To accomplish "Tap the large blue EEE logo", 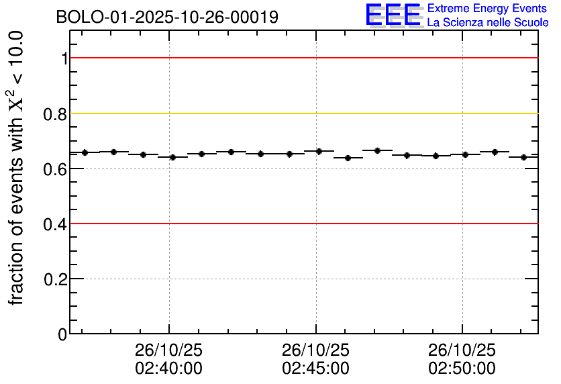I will [x=393, y=15].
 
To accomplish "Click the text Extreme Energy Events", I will [x=488, y=9].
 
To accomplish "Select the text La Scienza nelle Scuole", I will [x=488, y=22].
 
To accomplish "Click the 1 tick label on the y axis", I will [x=64, y=58].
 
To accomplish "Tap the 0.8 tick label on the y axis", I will [x=56, y=113].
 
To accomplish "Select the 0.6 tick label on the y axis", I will [x=56, y=169].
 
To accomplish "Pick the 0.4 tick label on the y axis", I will [x=56, y=224].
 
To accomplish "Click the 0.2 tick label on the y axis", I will [x=56, y=279].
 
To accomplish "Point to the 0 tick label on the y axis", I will [x=63, y=334].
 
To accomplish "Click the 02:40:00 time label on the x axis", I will [x=168, y=369].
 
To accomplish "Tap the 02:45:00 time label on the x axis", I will [x=315, y=369].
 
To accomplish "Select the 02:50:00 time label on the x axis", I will [x=462, y=369].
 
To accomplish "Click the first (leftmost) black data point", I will [x=85, y=152].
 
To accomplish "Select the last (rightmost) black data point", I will [x=523, y=157].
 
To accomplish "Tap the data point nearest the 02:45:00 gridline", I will [x=319, y=151].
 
